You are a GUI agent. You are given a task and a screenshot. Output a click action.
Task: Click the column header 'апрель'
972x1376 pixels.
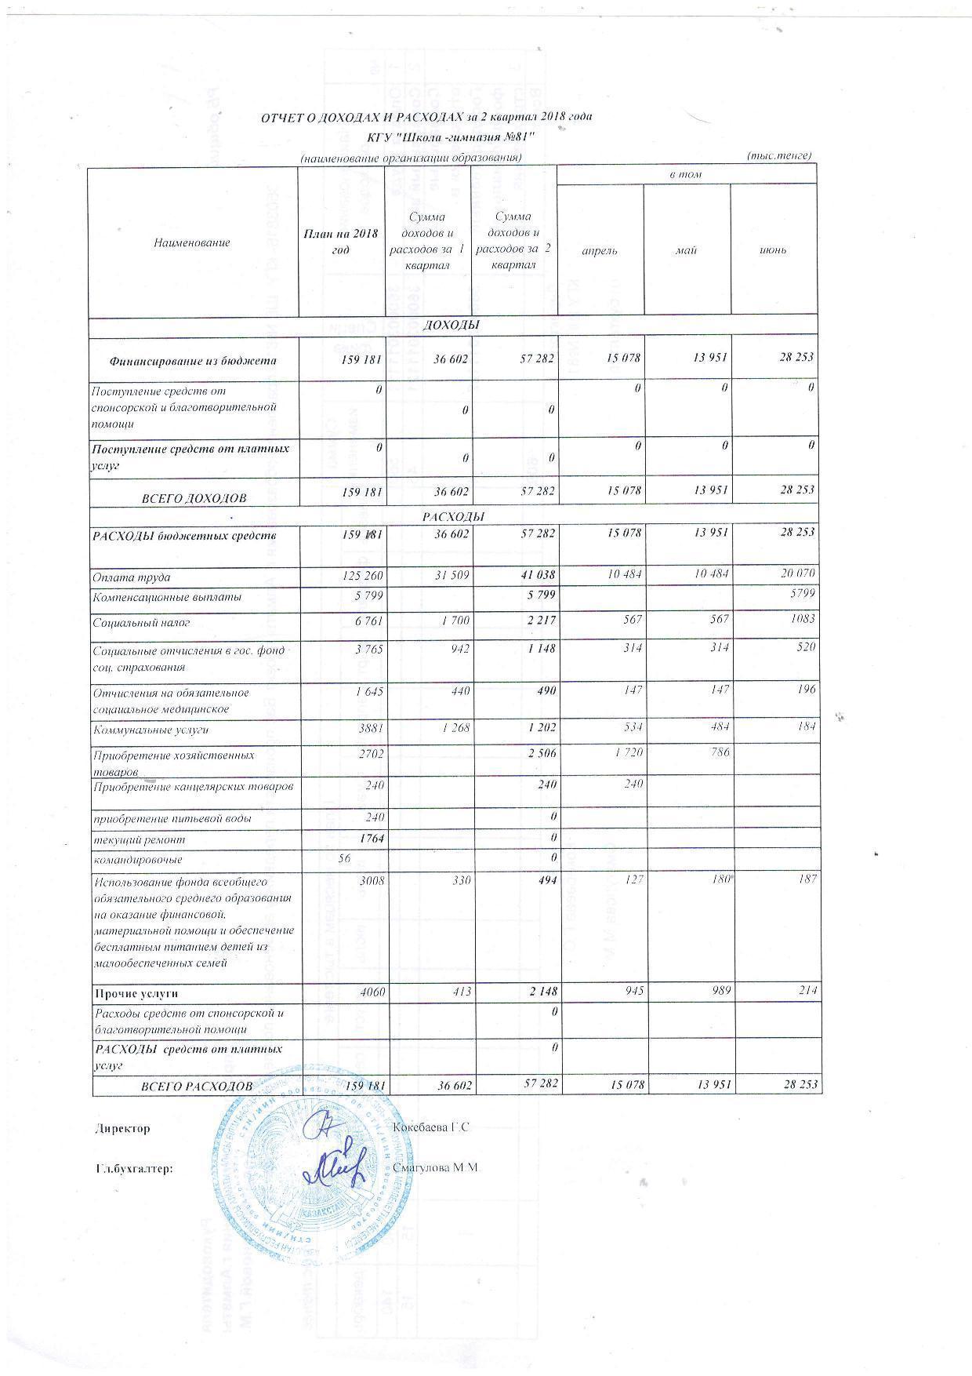click(599, 250)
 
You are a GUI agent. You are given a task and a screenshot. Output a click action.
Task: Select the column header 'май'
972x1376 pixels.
click(687, 250)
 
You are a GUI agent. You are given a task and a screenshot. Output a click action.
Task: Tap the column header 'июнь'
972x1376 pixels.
click(773, 250)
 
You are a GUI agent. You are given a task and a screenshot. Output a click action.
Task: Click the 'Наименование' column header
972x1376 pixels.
click(192, 242)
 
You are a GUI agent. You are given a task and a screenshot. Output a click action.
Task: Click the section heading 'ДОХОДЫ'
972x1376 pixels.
click(452, 324)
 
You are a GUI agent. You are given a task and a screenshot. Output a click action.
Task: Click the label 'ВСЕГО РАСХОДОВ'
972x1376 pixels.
click(196, 1087)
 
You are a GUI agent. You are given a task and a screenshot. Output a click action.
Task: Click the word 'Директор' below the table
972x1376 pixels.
click(121, 1128)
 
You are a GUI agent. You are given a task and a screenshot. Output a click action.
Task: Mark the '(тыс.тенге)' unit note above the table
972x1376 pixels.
click(780, 155)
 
